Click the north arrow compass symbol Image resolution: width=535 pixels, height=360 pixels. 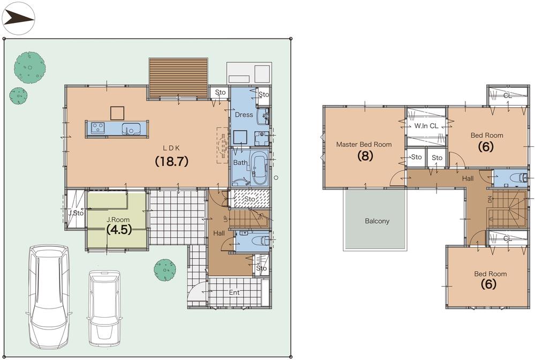pos(18,18)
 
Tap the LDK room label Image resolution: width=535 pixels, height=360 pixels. pos(171,147)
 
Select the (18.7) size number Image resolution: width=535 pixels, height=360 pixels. pos(171,161)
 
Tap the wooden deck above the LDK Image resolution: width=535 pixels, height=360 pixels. pos(178,78)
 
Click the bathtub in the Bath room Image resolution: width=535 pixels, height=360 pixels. pos(260,168)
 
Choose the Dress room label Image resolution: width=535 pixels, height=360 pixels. pos(243,115)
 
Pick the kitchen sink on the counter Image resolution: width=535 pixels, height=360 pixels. pos(131,129)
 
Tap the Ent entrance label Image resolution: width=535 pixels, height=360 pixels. pos(234,292)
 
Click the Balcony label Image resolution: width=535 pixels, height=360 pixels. pos(377,221)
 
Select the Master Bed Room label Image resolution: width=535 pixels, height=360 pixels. pos(364,144)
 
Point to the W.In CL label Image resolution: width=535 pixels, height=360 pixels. pos(426,126)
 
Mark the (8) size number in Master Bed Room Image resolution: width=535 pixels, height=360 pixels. pos(365,156)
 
